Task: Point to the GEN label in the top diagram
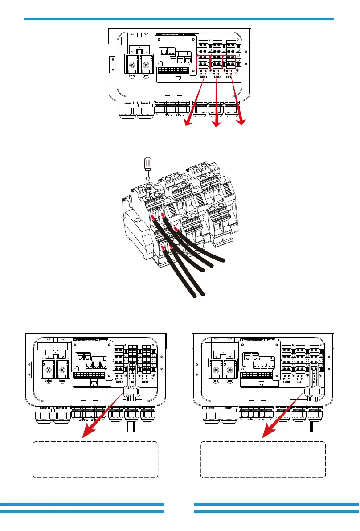[230, 77]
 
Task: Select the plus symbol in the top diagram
[132, 77]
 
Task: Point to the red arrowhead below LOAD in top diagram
[217, 125]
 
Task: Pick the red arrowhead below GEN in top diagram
[242, 123]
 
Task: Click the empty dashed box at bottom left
[95, 460]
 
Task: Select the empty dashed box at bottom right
[263, 460]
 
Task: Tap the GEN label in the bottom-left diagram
[144, 382]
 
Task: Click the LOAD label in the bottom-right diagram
[301, 382]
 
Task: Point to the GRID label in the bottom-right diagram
[286, 382]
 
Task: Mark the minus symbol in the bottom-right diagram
[231, 382]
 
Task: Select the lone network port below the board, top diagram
[178, 78]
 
